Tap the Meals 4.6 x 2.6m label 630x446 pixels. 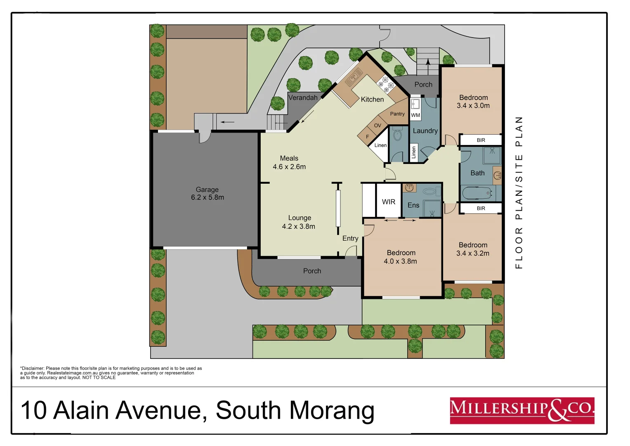[289, 163]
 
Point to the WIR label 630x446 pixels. [388, 202]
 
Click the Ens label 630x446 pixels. [413, 205]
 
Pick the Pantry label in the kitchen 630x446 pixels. [397, 114]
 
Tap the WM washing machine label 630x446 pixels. [415, 115]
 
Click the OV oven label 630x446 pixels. [378, 126]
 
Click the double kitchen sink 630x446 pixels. [354, 77]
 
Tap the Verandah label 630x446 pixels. [303, 98]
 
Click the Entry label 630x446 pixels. [350, 238]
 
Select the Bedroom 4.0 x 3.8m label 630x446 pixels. [401, 257]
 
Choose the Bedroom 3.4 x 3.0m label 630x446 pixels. [473, 102]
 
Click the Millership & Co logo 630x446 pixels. [522, 410]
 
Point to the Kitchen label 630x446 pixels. [372, 100]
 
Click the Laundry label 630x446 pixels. [425, 131]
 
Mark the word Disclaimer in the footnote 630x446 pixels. [33, 368]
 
